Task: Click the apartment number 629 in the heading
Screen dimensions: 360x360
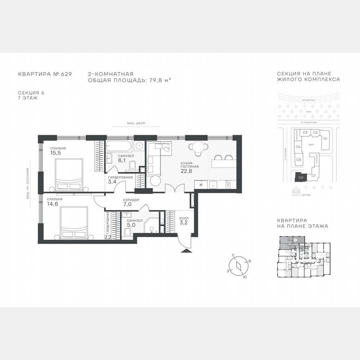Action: click(x=66, y=74)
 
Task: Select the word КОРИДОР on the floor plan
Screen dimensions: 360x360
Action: click(x=131, y=200)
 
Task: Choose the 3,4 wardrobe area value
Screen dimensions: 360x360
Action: click(x=112, y=182)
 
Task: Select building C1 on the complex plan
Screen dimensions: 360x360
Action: click(x=325, y=138)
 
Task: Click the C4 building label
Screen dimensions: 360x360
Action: click(x=298, y=147)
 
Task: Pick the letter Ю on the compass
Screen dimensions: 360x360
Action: click(x=244, y=277)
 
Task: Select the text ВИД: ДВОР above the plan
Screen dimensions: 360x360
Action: click(x=137, y=124)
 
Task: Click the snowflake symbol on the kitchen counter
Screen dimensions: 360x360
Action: click(x=202, y=184)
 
